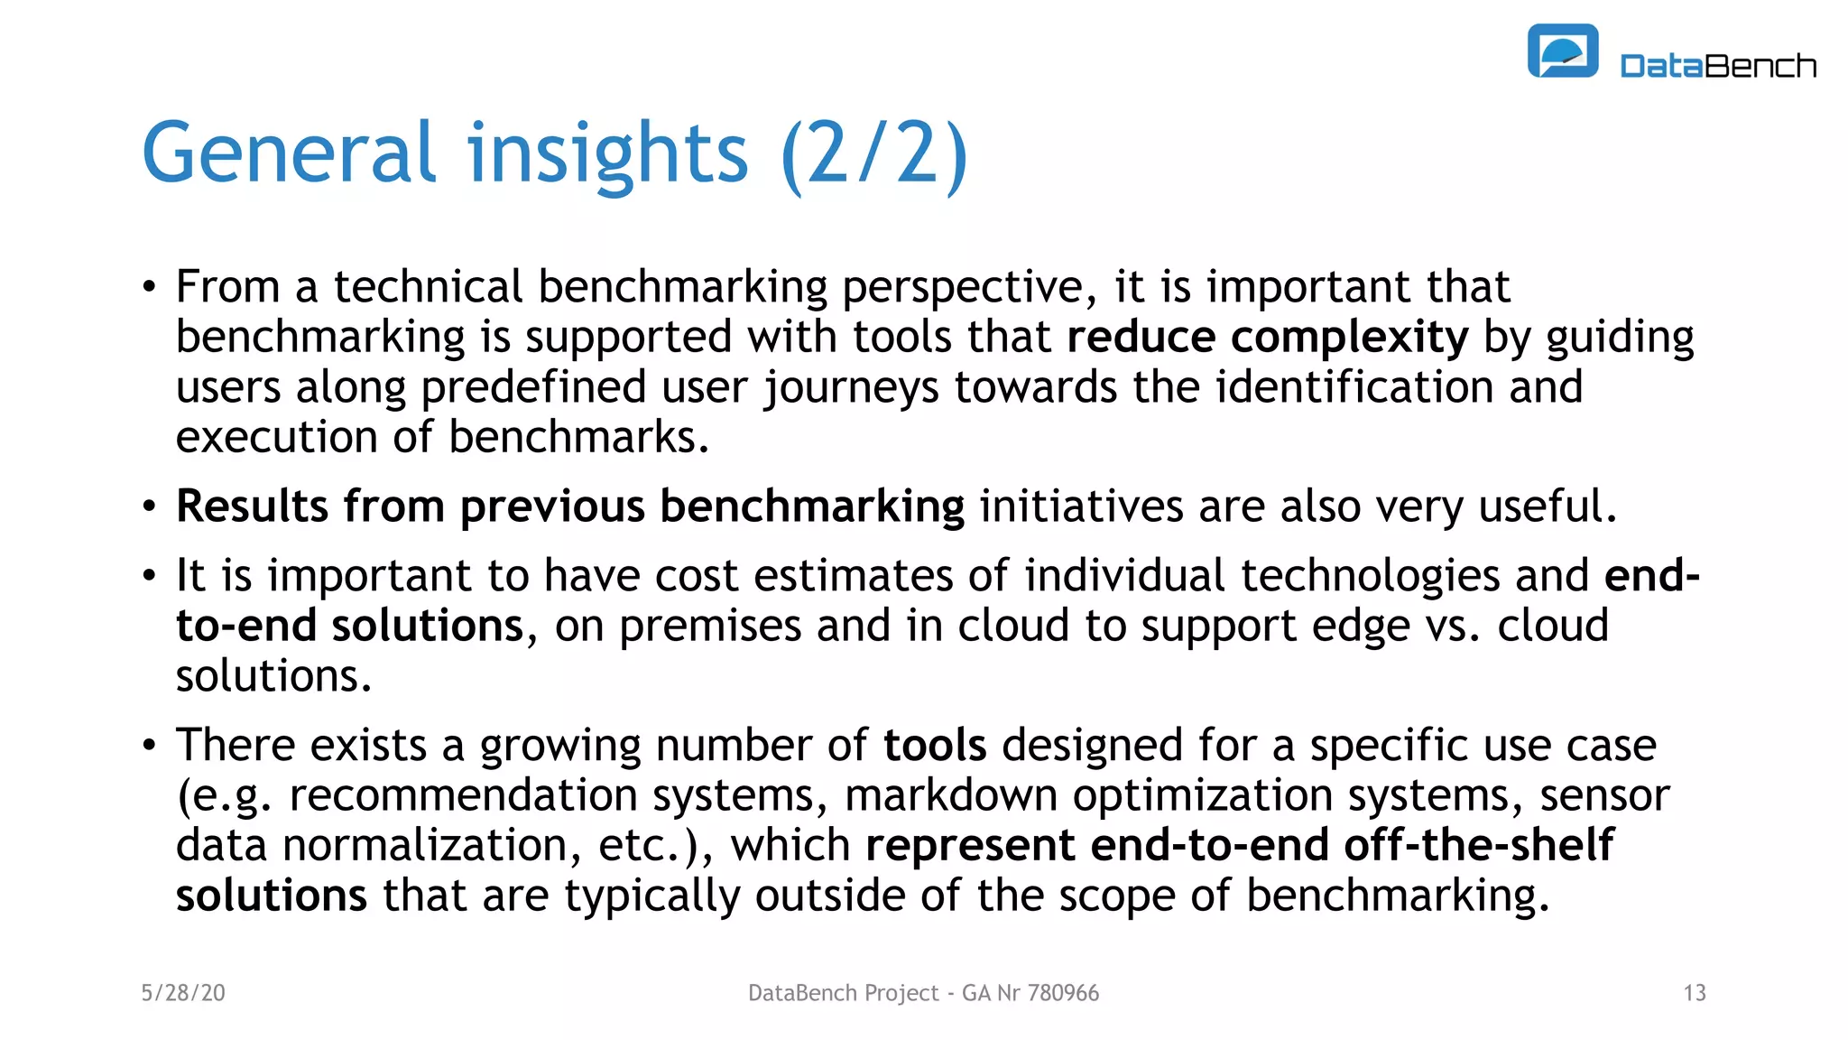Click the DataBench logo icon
point(1562,51)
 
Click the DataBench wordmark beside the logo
point(1717,66)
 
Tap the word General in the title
point(289,153)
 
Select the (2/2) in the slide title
point(873,154)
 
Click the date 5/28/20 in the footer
point(183,993)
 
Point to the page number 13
point(1694,993)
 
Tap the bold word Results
point(252,506)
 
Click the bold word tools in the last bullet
point(935,746)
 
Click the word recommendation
point(463,796)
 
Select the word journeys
point(851,388)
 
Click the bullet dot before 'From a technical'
point(149,288)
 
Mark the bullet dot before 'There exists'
point(149,746)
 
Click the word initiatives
point(1081,506)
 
